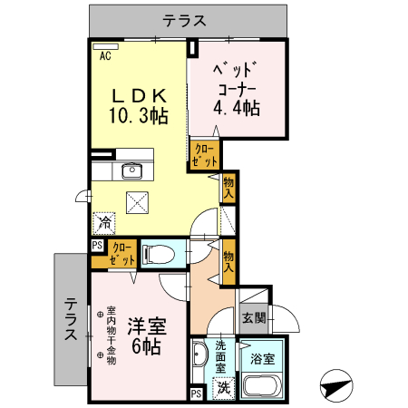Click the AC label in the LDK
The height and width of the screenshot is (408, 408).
pyautogui.click(x=105, y=56)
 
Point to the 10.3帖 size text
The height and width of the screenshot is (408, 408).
pyautogui.click(x=138, y=116)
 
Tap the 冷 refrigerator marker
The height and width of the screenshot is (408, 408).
pyautogui.click(x=105, y=221)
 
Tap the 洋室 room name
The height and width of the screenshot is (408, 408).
pyautogui.click(x=144, y=325)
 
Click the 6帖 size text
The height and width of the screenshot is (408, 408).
pyautogui.click(x=145, y=346)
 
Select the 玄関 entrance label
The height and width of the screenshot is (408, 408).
pyautogui.click(x=254, y=318)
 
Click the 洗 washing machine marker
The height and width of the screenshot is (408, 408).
pyautogui.click(x=223, y=387)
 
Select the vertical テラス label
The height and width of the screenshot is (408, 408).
pyautogui.click(x=70, y=321)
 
